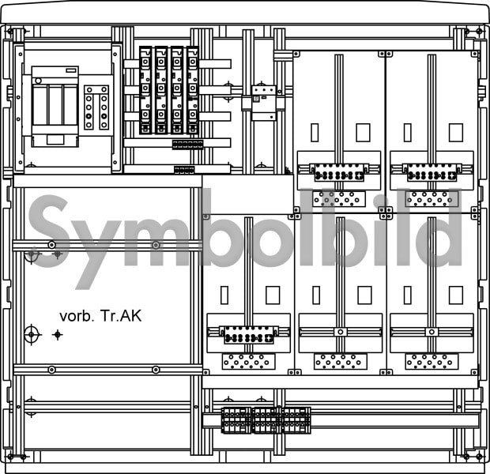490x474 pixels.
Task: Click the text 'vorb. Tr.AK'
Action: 100,316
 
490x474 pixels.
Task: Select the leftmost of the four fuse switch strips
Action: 145,90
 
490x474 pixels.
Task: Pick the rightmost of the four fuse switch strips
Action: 193,90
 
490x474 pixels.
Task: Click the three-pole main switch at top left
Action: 55,106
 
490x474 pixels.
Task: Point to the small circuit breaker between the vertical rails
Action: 265,103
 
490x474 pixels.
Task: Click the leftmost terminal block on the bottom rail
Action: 236,420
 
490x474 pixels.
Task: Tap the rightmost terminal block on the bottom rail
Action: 296,420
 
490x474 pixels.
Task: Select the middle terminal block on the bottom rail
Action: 267,420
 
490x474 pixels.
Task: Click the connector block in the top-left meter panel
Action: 339,172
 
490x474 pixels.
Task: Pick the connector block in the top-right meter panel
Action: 432,172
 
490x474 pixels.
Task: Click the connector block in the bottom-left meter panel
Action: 249,335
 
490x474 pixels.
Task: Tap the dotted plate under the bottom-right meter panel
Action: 432,361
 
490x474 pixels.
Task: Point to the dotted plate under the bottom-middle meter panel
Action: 341,361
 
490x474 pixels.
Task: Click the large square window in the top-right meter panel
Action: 456,133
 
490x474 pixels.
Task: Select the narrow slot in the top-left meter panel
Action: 315,133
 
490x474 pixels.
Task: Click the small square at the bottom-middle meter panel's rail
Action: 341,332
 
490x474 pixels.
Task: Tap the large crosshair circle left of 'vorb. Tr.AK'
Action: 32,335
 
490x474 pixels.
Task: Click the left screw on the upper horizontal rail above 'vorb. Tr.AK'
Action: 52,245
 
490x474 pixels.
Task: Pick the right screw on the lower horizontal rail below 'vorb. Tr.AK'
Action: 156,370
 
